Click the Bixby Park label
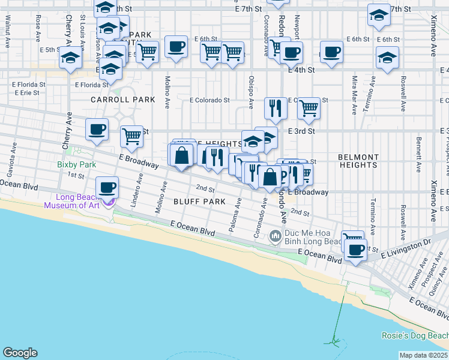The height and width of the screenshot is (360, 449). (77, 164)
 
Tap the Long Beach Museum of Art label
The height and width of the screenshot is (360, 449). (77, 202)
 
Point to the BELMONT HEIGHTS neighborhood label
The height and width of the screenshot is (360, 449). (358, 160)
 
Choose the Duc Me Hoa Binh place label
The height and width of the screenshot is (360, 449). (312, 238)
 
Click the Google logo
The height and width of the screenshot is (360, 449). (20, 353)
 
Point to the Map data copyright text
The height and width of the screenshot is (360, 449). (424, 355)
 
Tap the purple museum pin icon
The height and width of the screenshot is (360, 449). (108, 203)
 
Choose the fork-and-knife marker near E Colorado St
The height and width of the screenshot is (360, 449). (276, 108)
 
